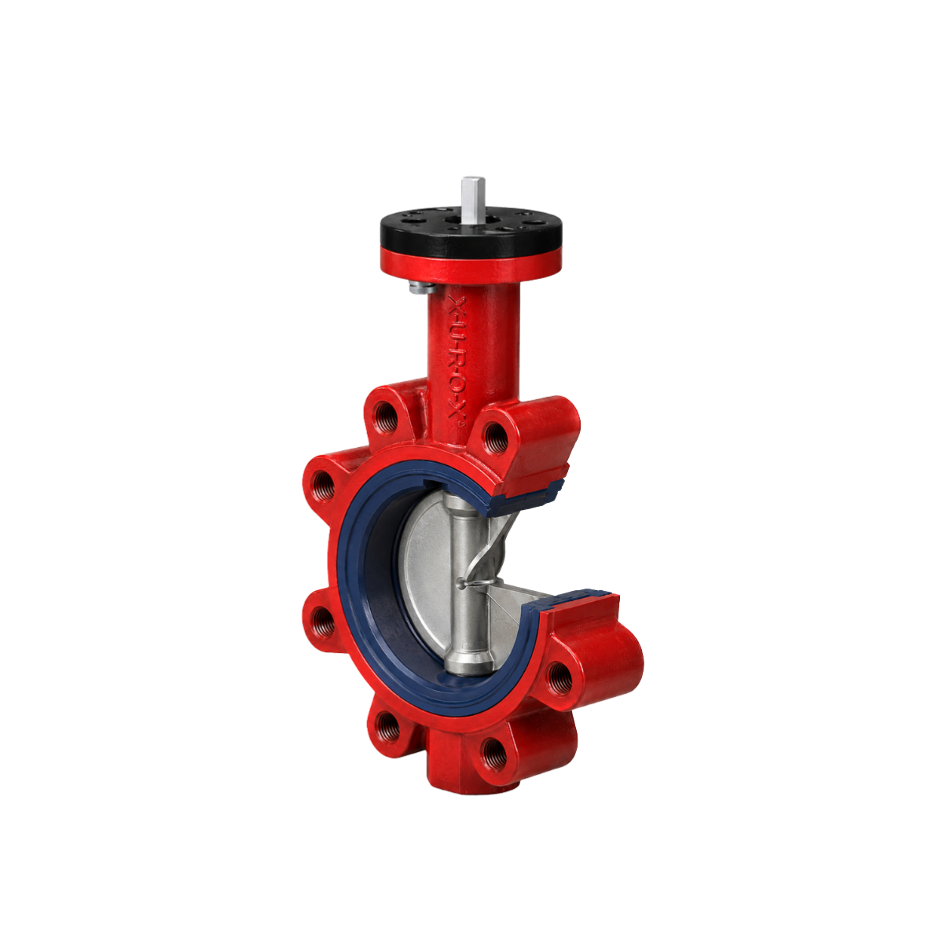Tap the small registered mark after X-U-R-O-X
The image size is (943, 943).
coord(460,427)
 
